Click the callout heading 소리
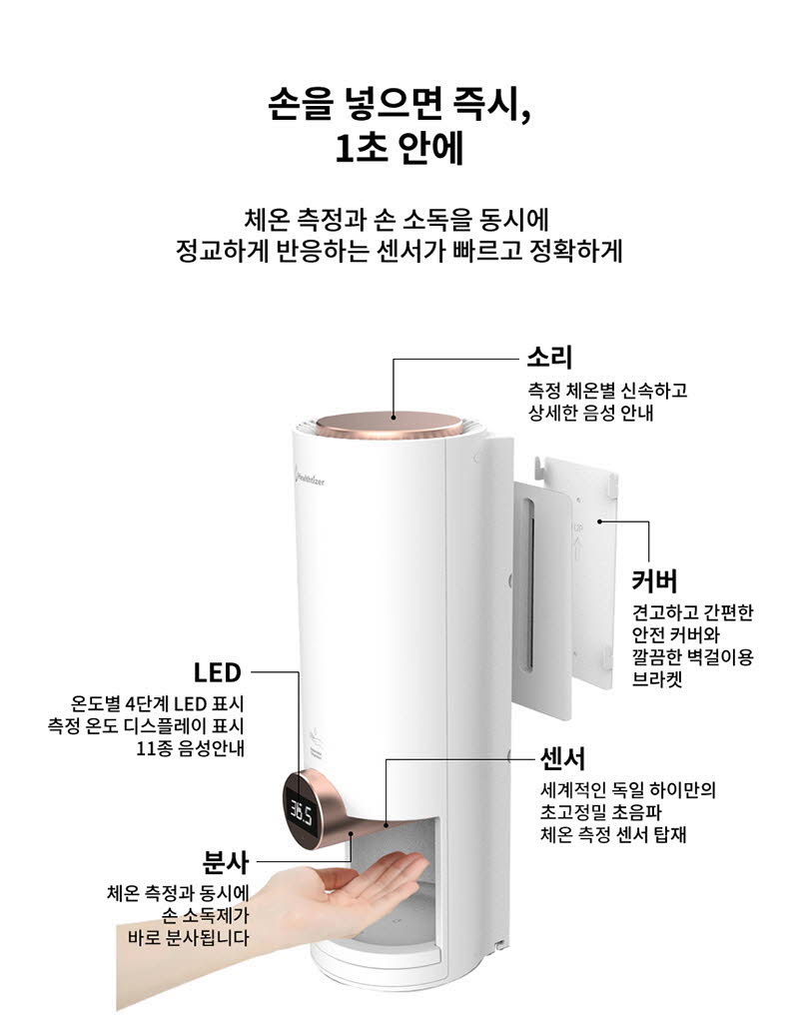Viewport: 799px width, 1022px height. tap(549, 358)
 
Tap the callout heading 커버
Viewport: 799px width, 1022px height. tap(654, 580)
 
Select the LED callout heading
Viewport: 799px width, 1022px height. tap(218, 672)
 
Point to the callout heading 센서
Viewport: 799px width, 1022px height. tap(563, 758)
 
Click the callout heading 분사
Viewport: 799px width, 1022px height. tap(226, 862)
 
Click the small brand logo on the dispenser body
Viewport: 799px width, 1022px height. tap(309, 480)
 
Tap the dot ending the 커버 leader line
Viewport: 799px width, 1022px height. tap(599, 520)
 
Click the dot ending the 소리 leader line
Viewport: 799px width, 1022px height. tap(393, 418)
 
